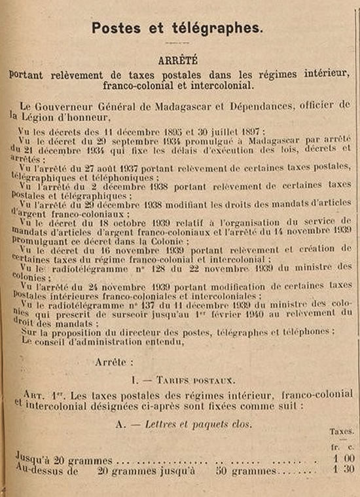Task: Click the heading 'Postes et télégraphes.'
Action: [177, 28]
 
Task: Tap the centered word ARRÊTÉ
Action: [177, 60]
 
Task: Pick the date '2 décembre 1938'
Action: [115, 186]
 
